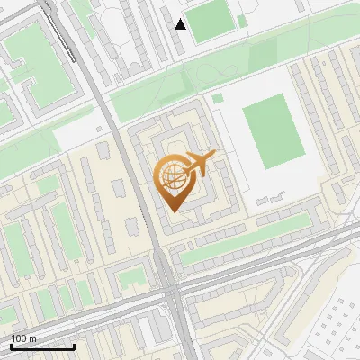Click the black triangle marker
[x=181, y=24]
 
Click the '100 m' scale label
[x=24, y=338]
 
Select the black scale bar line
[x=42, y=346]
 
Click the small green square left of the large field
[x=217, y=97]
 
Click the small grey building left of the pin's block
[x=118, y=189]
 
